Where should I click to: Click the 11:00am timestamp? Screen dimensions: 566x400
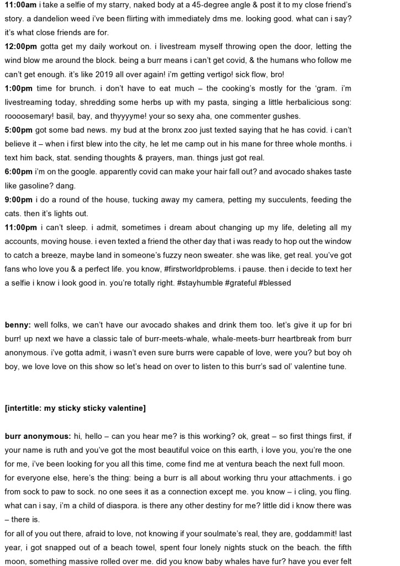pos(20,4)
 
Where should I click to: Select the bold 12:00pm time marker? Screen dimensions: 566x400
pos(20,46)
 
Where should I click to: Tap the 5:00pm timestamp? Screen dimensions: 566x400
pos(19,130)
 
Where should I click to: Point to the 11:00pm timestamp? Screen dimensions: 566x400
pos(20,227)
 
